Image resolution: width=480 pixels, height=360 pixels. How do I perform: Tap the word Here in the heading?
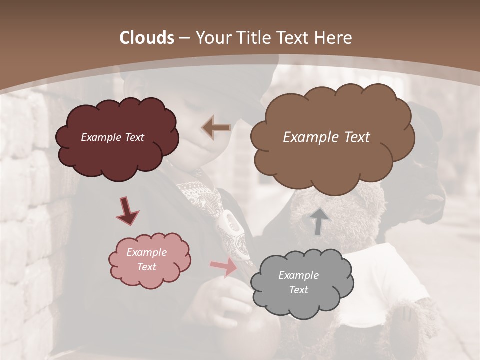(x=334, y=38)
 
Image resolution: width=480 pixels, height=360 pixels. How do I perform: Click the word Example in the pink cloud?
(x=146, y=252)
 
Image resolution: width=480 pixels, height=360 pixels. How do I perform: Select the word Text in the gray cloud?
(x=298, y=290)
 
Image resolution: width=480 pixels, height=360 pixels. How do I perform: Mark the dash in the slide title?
(x=184, y=38)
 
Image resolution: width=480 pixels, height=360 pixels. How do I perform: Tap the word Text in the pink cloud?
(x=146, y=267)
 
